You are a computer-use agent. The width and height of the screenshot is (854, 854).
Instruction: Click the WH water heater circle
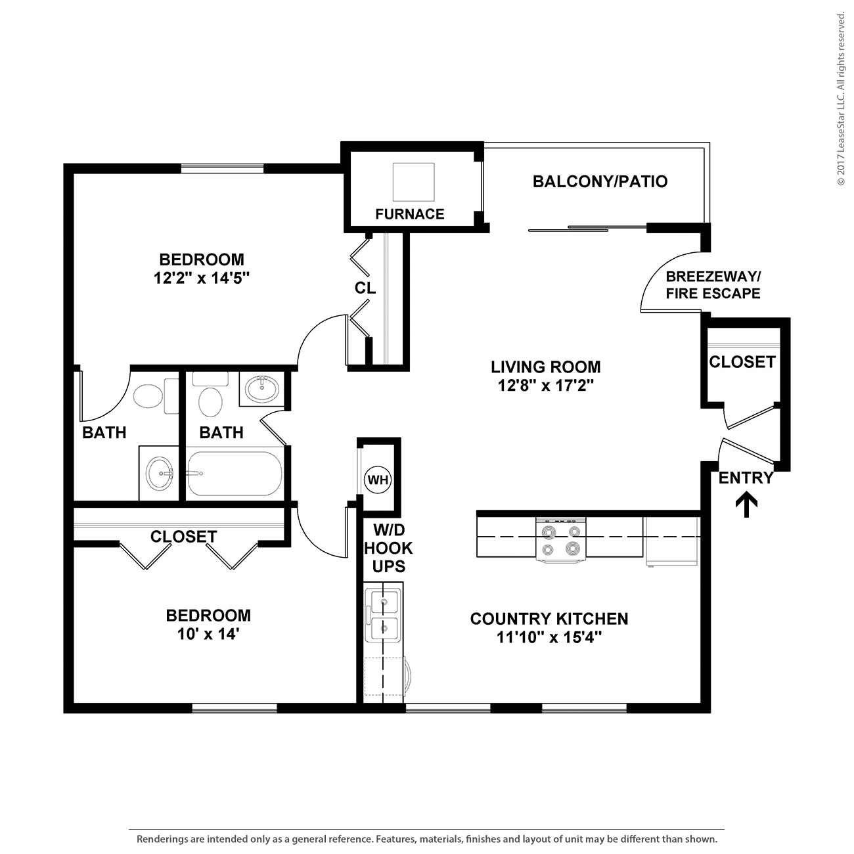(x=378, y=480)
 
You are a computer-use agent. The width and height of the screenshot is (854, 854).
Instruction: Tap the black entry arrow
(x=746, y=505)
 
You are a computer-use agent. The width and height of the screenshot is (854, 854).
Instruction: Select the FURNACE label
(x=409, y=213)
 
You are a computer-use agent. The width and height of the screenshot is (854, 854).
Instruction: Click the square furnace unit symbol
(x=413, y=182)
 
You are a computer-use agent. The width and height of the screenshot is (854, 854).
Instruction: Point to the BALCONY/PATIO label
(x=600, y=181)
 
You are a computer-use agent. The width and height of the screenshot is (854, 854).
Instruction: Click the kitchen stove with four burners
(x=560, y=540)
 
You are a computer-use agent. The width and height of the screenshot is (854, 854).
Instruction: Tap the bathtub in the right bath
(x=235, y=474)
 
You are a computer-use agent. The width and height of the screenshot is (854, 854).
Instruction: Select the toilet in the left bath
(x=147, y=396)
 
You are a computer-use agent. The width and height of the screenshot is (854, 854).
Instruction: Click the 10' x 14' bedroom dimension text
(x=208, y=634)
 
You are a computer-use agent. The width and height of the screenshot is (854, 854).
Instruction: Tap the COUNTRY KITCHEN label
(x=549, y=618)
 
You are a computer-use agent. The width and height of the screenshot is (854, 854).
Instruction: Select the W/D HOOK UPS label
(x=388, y=548)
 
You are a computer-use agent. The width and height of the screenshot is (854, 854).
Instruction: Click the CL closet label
(x=365, y=288)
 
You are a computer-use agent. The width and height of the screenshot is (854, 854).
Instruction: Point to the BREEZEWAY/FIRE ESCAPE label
(x=713, y=284)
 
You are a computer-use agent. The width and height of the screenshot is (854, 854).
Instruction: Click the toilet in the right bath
(x=211, y=399)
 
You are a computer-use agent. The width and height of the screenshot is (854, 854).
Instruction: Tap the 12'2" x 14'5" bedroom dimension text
(x=202, y=278)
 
